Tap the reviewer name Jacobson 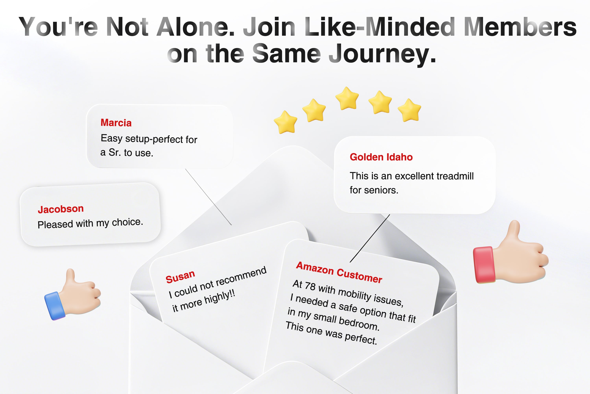click(61, 209)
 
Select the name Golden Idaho click(381, 157)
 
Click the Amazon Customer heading click(339, 272)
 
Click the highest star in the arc click(347, 98)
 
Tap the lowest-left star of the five click(286, 122)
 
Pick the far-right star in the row click(410, 110)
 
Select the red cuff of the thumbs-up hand click(484, 265)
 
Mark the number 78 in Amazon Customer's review click(310, 286)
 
